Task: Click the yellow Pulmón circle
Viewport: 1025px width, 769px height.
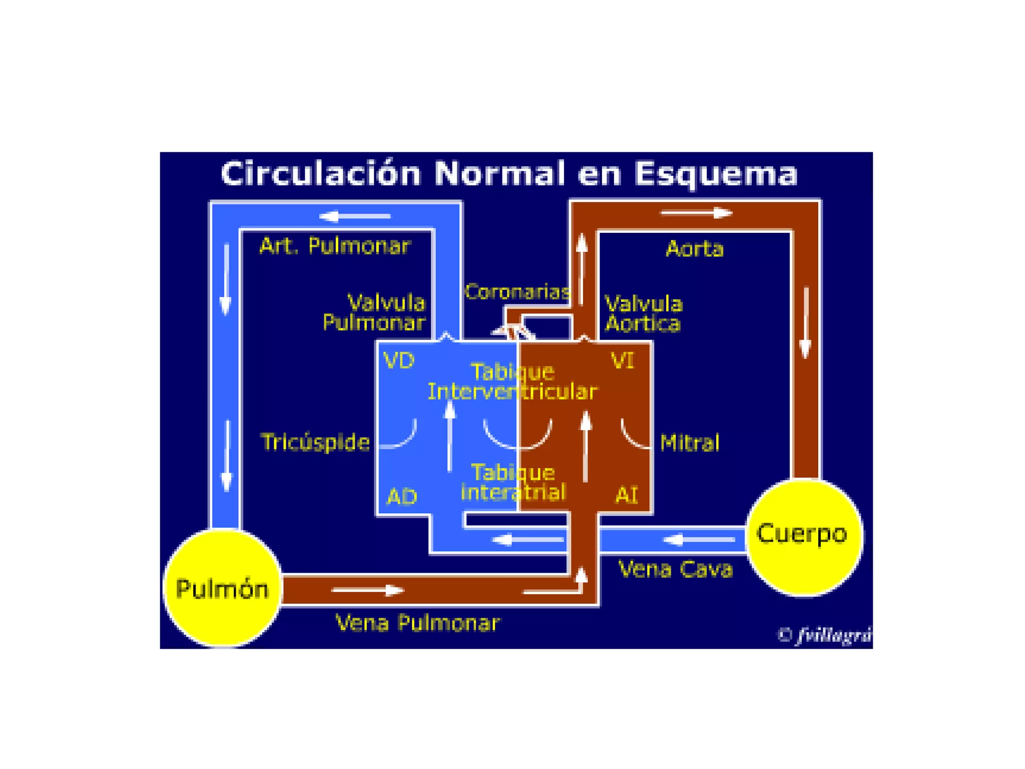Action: pyautogui.click(x=222, y=588)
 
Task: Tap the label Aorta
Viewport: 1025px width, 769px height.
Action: pyautogui.click(x=695, y=249)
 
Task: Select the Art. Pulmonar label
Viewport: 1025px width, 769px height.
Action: pyautogui.click(x=335, y=246)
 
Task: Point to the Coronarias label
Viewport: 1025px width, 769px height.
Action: pyautogui.click(x=517, y=292)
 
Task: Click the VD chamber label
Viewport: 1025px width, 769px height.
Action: pyautogui.click(x=399, y=360)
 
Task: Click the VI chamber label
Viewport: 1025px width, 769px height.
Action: pyautogui.click(x=623, y=360)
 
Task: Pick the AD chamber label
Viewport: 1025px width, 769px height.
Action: pyautogui.click(x=402, y=497)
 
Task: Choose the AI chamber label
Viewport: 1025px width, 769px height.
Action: pyautogui.click(x=627, y=496)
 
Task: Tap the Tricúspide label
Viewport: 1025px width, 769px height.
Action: pyautogui.click(x=315, y=442)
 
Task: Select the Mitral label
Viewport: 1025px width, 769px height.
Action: pyautogui.click(x=690, y=443)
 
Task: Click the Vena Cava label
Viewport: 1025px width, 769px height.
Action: pyautogui.click(x=676, y=569)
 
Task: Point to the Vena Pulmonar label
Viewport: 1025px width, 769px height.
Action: pyautogui.click(x=417, y=623)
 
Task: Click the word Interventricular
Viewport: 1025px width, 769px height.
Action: pyautogui.click(x=512, y=392)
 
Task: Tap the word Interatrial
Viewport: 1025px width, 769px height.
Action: pyautogui.click(x=513, y=492)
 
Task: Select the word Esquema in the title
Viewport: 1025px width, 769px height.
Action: pyautogui.click(x=715, y=174)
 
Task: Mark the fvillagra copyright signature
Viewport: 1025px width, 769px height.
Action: pyautogui.click(x=825, y=635)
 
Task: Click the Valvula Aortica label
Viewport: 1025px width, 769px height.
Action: pyautogui.click(x=643, y=314)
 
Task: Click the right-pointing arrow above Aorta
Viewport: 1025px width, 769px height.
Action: pyautogui.click(x=696, y=213)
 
